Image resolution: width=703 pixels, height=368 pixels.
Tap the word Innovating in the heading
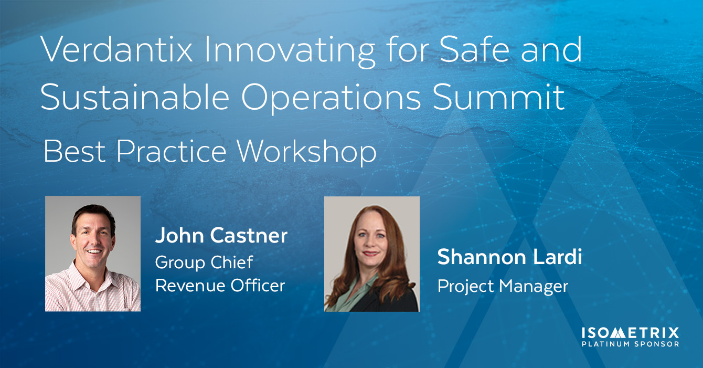tap(290, 51)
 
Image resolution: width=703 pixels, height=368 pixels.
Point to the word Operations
tap(331, 98)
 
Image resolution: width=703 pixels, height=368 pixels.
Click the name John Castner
tap(221, 235)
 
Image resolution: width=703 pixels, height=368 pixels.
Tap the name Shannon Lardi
tap(510, 257)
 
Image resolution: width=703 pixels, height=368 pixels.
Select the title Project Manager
tap(503, 286)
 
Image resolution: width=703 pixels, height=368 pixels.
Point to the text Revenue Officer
tap(220, 286)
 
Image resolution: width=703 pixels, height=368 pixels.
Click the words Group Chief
tap(204, 262)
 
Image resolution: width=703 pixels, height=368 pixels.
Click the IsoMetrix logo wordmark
tap(630, 333)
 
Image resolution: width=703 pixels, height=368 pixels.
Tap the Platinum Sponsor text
tap(630, 344)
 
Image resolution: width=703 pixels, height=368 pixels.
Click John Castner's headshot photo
tap(93, 254)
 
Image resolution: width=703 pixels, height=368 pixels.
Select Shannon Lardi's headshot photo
tap(372, 254)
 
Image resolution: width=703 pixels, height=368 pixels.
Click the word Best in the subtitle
tap(74, 151)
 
